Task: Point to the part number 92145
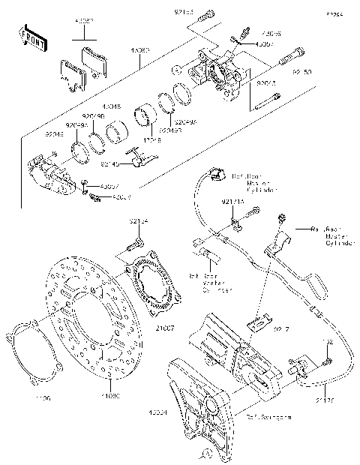pos(110,163)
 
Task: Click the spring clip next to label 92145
pos(140,158)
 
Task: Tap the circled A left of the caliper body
pos(174,69)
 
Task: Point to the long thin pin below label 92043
pos(267,106)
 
